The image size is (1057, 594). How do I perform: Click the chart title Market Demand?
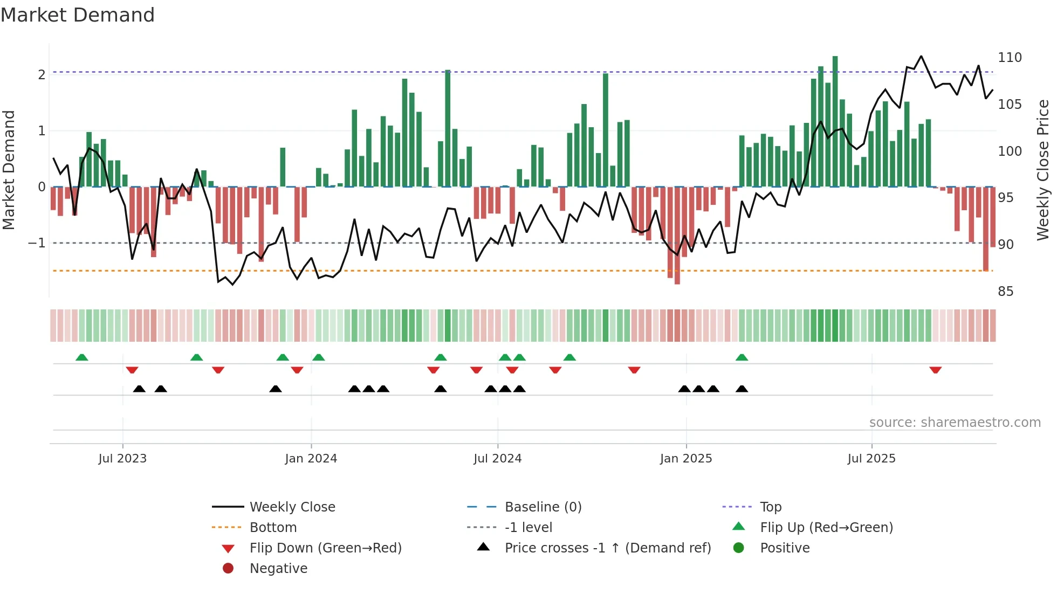[78, 15]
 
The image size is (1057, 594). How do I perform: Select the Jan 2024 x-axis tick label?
[311, 459]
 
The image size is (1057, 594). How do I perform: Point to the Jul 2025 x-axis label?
[871, 459]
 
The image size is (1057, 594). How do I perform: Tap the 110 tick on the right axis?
[1010, 58]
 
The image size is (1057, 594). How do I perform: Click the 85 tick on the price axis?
[1005, 292]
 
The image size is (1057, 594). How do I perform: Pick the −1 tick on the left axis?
[37, 243]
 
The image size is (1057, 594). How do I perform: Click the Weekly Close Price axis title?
[1043, 170]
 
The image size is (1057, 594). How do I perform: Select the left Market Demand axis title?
[9, 170]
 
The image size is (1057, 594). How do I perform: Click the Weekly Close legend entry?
[292, 507]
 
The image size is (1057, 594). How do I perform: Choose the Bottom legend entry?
[273, 528]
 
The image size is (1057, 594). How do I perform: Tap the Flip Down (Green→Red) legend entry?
[325, 548]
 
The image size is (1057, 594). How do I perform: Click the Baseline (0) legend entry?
[543, 507]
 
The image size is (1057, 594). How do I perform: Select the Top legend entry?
[771, 507]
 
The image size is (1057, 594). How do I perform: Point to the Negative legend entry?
[278, 569]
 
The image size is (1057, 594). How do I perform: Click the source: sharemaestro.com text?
[955, 423]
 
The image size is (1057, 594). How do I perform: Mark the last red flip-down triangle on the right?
[935, 370]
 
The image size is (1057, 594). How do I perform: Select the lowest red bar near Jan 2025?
[677, 236]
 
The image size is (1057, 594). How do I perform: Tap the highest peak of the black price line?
[921, 57]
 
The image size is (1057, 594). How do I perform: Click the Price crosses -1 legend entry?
[607, 548]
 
